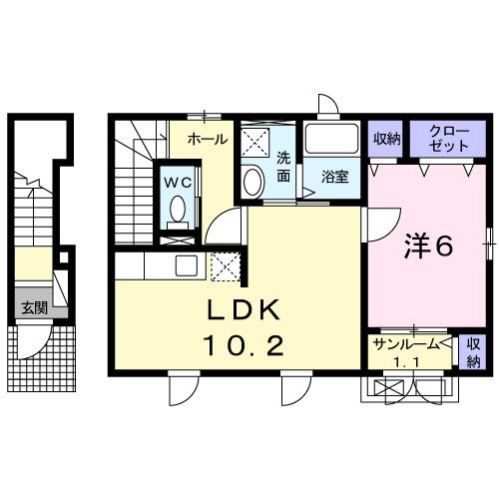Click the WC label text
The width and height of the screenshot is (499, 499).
[179, 182]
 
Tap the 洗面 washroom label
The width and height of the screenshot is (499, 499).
[283, 167]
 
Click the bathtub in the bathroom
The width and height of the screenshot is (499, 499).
[333, 139]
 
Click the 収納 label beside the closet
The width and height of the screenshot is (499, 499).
[386, 139]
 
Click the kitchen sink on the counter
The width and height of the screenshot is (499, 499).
[187, 264]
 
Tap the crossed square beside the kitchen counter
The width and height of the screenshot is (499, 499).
[226, 264]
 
